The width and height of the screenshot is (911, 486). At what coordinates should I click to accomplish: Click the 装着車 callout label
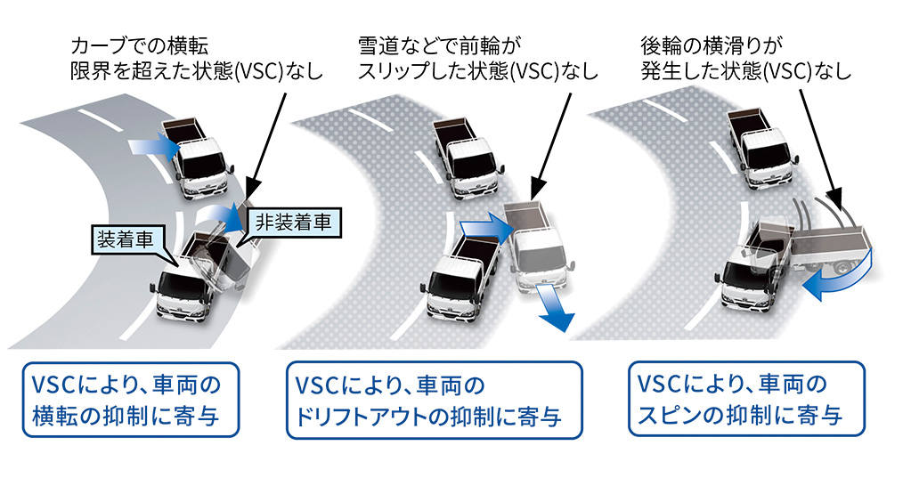[125, 237]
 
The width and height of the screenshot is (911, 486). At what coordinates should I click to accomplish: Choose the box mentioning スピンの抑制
[745, 398]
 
